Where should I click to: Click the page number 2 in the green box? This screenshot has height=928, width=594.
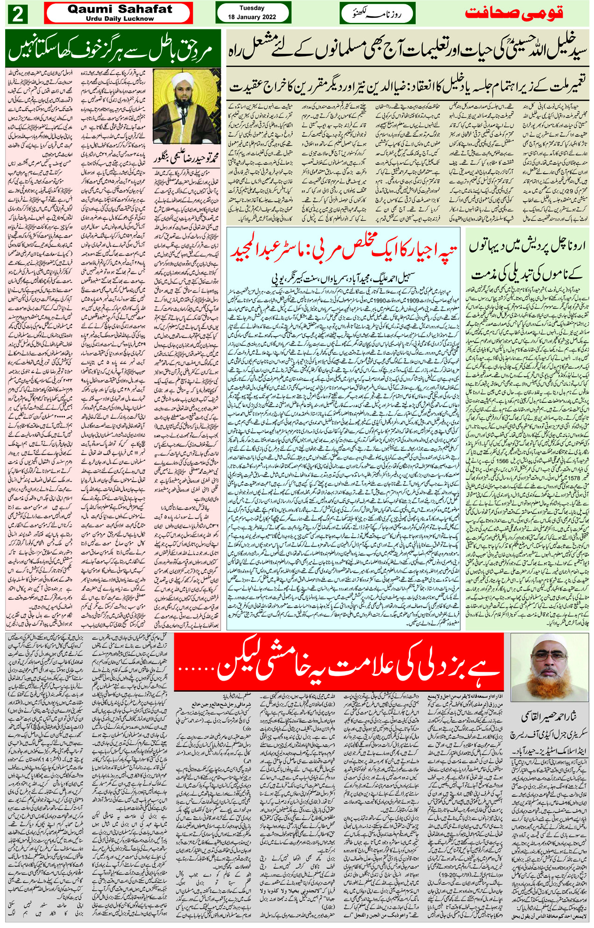(18, 14)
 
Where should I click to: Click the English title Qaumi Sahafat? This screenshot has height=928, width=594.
(120, 9)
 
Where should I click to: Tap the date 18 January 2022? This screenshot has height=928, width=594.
(252, 17)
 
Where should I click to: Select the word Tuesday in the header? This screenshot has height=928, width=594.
(252, 8)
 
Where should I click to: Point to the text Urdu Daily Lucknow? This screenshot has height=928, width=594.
(120, 19)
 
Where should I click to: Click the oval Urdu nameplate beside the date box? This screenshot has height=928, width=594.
(377, 14)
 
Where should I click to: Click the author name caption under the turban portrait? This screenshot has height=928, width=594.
(185, 161)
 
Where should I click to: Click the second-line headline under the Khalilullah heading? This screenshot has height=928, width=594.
(407, 87)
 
